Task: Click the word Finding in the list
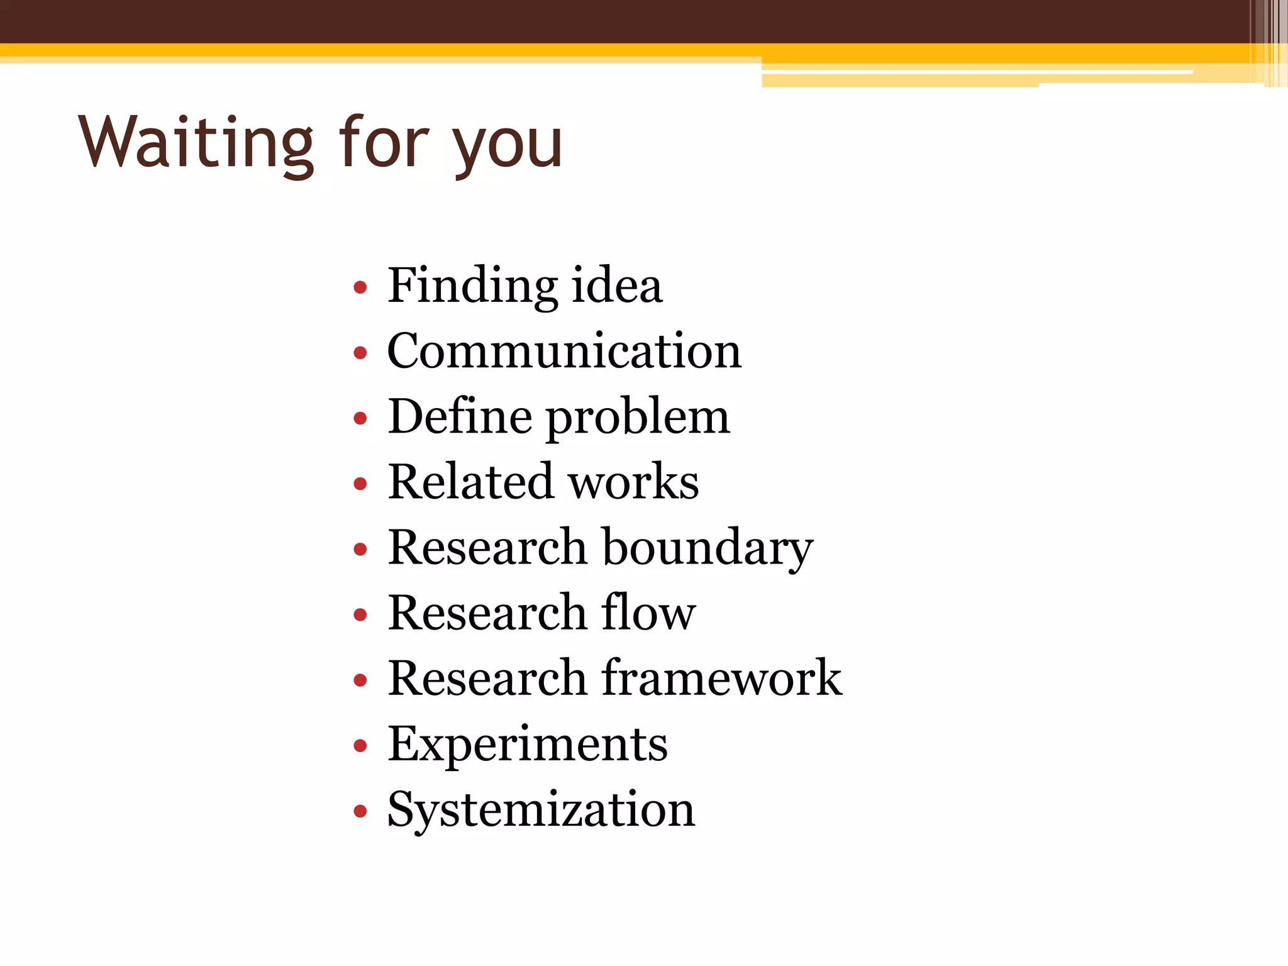(472, 286)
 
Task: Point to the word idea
(617, 286)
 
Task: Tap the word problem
(638, 419)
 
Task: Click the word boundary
(708, 548)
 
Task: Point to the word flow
(648, 613)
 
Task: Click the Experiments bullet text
(528, 745)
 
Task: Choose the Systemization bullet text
(541, 810)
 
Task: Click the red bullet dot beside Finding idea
(360, 288)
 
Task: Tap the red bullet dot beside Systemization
(360, 811)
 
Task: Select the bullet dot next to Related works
(360, 484)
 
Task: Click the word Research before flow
(487, 613)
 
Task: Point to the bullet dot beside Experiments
(360, 746)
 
